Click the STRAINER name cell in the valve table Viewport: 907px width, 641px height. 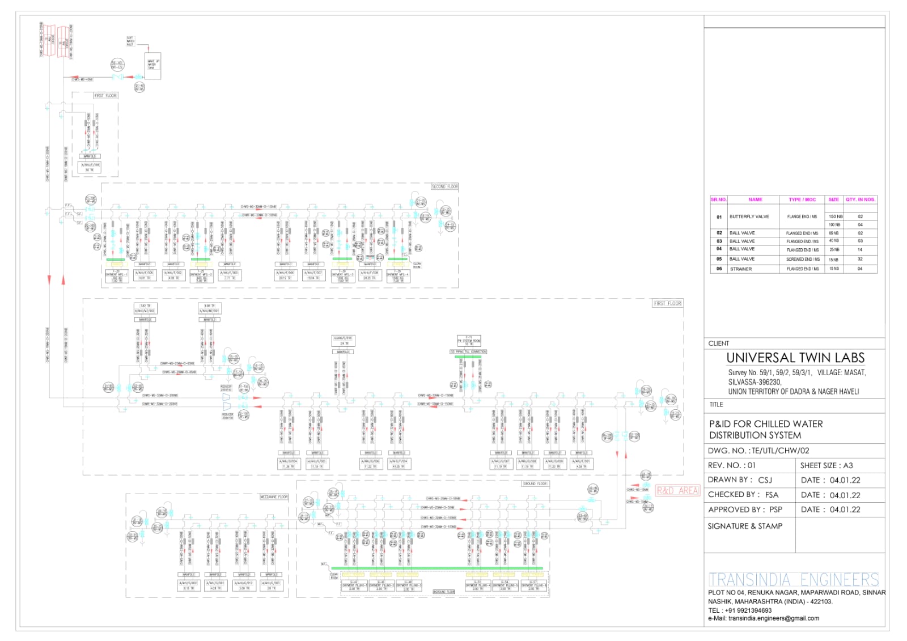740,269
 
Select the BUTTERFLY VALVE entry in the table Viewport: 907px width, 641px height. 749,217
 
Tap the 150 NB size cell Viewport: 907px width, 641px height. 835,217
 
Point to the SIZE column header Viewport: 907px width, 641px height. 833,199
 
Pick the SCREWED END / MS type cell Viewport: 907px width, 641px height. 803,260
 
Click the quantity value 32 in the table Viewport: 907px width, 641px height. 860,260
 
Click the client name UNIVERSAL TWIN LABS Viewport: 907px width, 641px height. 795,358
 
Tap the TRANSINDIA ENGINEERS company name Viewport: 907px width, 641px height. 794,579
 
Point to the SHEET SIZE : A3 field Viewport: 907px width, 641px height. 826,465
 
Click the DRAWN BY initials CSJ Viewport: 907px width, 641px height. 765,480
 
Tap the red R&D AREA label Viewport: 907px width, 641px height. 677,490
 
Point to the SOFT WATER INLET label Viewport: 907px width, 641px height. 130,41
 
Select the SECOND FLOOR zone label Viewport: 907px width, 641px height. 444,186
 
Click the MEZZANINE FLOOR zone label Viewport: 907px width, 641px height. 274,497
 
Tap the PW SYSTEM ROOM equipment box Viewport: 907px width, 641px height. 469,340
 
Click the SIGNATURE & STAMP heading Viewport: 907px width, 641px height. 744,526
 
